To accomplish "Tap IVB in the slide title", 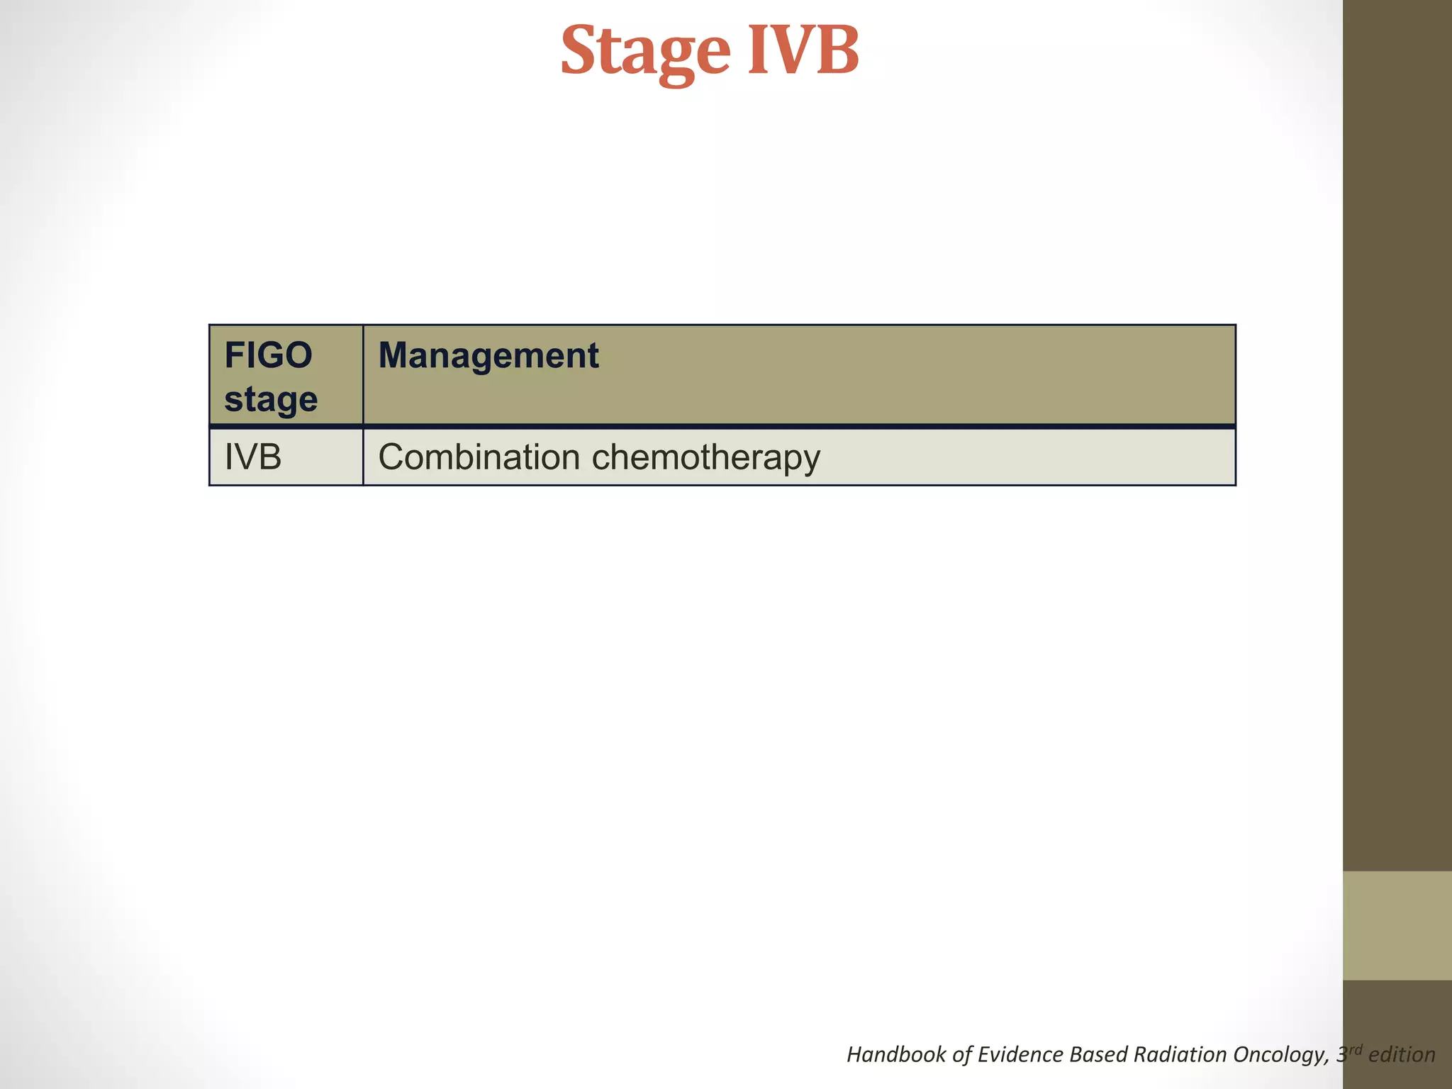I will point(803,51).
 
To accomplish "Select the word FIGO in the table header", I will point(268,355).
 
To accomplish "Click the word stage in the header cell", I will point(271,399).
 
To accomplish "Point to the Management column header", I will point(488,355).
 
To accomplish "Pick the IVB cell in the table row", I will point(253,457).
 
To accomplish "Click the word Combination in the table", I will point(479,457).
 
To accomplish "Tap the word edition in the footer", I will point(1402,1054).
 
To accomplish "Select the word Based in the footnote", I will point(1099,1054).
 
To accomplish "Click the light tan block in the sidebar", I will point(1397,925).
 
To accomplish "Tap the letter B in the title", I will point(837,51).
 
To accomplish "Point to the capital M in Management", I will point(394,355).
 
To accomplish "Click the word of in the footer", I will point(962,1054).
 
